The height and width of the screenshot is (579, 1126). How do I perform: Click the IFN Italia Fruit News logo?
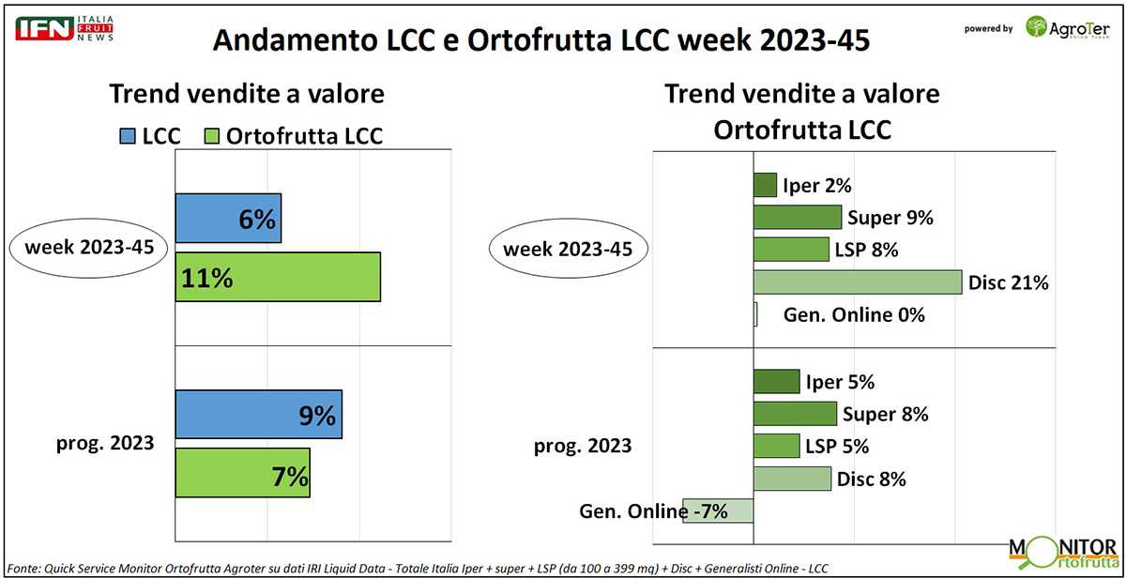click(65, 28)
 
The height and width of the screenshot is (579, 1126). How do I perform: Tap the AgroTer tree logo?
click(1036, 26)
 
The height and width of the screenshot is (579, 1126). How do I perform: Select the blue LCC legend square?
click(128, 136)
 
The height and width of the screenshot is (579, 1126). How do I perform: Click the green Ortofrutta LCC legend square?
click(212, 136)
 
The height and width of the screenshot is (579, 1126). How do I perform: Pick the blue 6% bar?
click(228, 218)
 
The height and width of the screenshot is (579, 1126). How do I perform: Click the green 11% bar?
click(278, 277)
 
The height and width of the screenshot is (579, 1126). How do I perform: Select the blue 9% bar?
click(259, 414)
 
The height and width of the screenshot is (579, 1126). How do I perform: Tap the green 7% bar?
click(243, 473)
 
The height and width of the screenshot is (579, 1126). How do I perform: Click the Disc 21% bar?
click(858, 282)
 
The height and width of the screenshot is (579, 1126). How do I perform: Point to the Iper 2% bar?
click(765, 185)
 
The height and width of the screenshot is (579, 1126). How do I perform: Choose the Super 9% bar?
click(798, 217)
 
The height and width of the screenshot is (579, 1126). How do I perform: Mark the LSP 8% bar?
click(791, 250)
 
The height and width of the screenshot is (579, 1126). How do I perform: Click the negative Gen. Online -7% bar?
click(718, 510)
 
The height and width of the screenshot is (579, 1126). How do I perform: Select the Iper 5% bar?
click(777, 382)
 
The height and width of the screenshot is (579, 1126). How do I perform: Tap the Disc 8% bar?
click(792, 479)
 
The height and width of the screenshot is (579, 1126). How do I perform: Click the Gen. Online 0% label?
click(854, 315)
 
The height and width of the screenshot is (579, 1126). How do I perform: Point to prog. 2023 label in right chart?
click(583, 446)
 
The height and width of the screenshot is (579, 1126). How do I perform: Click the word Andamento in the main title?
click(296, 40)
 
